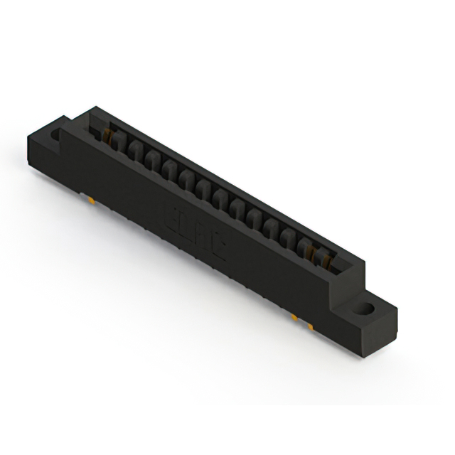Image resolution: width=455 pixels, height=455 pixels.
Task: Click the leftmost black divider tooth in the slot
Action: [117, 143]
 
